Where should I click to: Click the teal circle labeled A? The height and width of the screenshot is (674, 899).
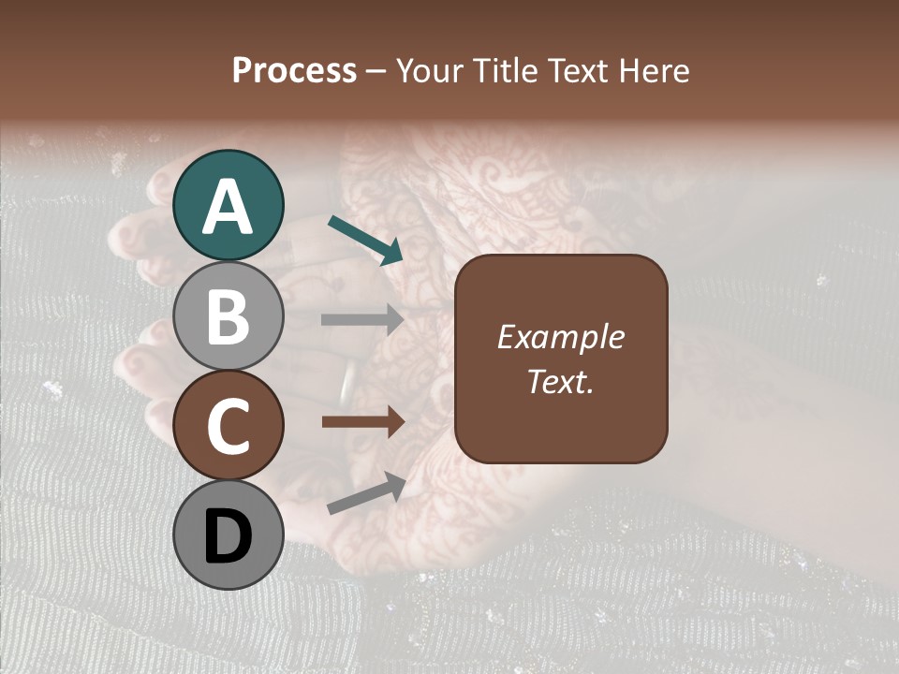(x=228, y=205)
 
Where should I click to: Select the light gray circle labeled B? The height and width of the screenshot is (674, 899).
(x=228, y=315)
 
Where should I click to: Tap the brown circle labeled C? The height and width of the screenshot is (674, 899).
(x=228, y=426)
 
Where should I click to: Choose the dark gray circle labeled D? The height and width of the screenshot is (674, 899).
(x=228, y=535)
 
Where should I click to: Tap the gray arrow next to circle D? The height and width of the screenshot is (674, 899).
(x=366, y=494)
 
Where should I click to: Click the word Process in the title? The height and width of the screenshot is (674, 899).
(x=294, y=70)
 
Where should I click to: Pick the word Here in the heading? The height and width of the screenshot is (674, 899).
(x=653, y=70)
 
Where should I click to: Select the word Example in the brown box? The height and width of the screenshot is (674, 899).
(x=560, y=337)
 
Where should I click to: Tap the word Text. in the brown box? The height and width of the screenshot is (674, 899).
(x=560, y=381)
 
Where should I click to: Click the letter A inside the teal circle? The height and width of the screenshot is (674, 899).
(x=228, y=207)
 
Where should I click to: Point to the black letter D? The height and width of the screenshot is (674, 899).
(x=228, y=537)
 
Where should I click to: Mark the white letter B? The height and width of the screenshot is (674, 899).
(x=228, y=316)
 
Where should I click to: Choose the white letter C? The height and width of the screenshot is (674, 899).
(x=228, y=427)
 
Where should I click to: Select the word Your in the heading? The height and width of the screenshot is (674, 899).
(x=427, y=70)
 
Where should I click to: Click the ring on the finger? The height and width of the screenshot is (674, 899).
(x=348, y=381)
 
